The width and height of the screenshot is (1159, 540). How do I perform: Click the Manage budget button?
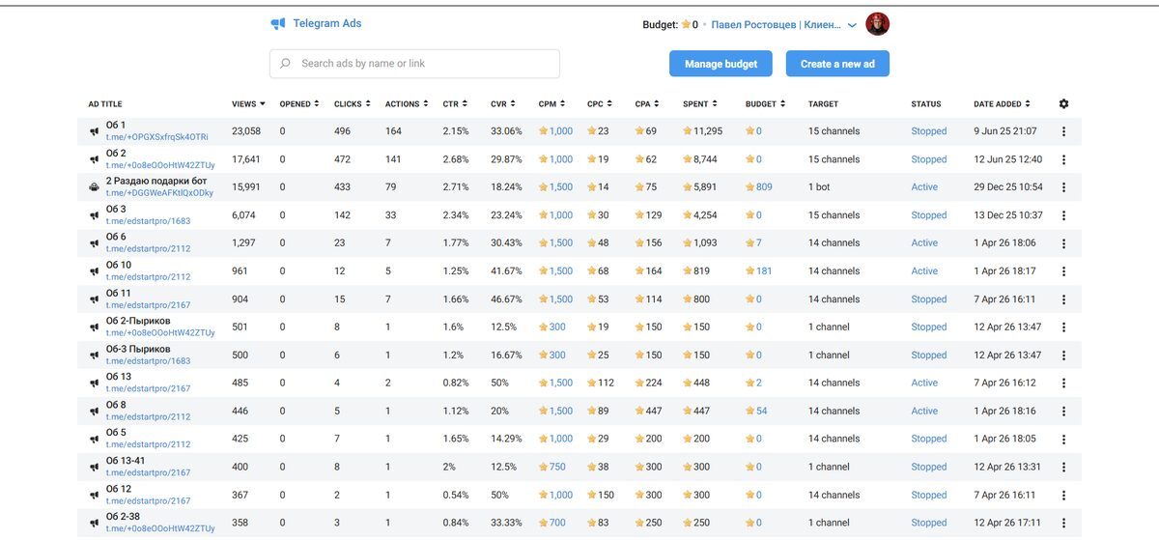(721, 64)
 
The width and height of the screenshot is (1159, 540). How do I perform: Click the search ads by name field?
(414, 64)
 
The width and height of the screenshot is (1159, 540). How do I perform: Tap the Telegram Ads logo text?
(327, 23)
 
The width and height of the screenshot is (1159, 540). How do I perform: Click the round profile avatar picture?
(877, 24)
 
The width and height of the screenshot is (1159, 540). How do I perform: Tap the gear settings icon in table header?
(1063, 103)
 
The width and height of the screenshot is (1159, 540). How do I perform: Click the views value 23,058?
(245, 131)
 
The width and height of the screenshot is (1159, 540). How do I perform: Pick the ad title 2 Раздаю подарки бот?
(156, 181)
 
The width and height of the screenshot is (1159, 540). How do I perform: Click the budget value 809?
(764, 186)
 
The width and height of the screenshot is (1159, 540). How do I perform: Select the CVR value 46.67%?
(506, 299)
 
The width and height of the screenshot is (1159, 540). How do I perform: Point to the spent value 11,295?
(707, 131)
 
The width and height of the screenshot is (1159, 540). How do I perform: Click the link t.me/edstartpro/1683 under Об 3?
(148, 221)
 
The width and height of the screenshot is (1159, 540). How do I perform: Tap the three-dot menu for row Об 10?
(1063, 271)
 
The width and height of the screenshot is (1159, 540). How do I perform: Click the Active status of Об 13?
(924, 383)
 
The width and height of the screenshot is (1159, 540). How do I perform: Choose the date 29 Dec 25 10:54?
(1008, 186)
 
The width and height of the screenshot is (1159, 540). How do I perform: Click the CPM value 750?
(556, 467)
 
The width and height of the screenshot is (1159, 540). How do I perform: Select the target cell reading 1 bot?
(819, 186)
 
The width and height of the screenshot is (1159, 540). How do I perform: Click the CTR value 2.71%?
(455, 186)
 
